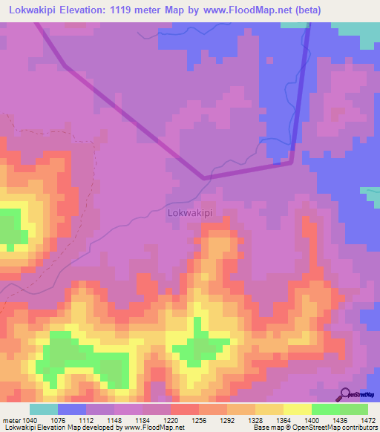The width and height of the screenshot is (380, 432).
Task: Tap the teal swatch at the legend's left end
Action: pyautogui.click(x=43, y=409)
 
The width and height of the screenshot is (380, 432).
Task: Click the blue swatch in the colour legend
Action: pyautogui.click(x=71, y=409)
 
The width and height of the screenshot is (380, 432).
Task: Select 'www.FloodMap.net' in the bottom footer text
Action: pyautogui.click(x=154, y=428)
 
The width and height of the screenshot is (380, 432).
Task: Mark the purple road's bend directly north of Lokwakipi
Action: pyautogui.click(x=204, y=177)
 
